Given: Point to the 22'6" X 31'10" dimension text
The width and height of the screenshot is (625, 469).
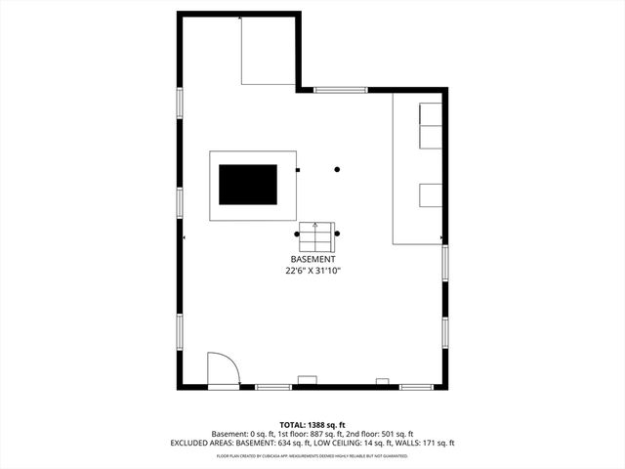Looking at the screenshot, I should click(x=313, y=271).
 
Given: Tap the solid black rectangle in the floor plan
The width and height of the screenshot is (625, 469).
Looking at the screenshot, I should click(x=247, y=184).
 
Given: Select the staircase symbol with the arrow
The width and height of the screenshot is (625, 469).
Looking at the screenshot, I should click(x=315, y=235).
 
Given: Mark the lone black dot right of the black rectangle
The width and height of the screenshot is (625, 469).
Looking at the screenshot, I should click(x=337, y=170).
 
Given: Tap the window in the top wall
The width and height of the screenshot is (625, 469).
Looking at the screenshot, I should click(x=341, y=90).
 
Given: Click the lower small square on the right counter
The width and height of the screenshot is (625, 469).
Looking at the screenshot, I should click(x=431, y=194).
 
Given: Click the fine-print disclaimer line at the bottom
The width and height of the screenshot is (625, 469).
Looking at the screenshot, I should click(x=312, y=455).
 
